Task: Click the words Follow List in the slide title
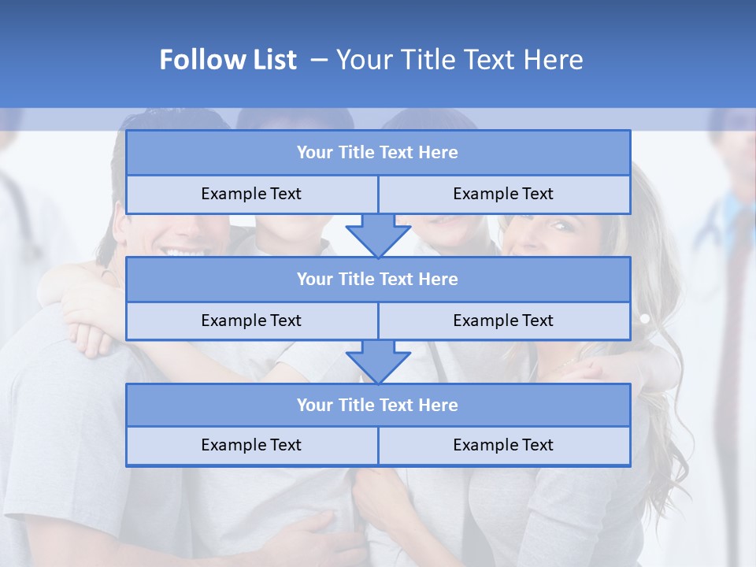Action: (228, 60)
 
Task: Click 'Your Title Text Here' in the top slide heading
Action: (459, 60)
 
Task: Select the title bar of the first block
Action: (377, 153)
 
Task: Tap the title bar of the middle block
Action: (377, 279)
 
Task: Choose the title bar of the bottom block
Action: (377, 405)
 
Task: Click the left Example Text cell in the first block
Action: (251, 194)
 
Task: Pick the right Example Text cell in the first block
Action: (503, 194)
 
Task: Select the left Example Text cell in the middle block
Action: (251, 321)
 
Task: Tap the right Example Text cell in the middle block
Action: (503, 321)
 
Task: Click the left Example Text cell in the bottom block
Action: (251, 445)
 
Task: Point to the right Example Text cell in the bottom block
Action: (503, 445)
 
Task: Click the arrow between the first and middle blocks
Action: (378, 235)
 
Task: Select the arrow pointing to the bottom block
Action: (378, 361)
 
